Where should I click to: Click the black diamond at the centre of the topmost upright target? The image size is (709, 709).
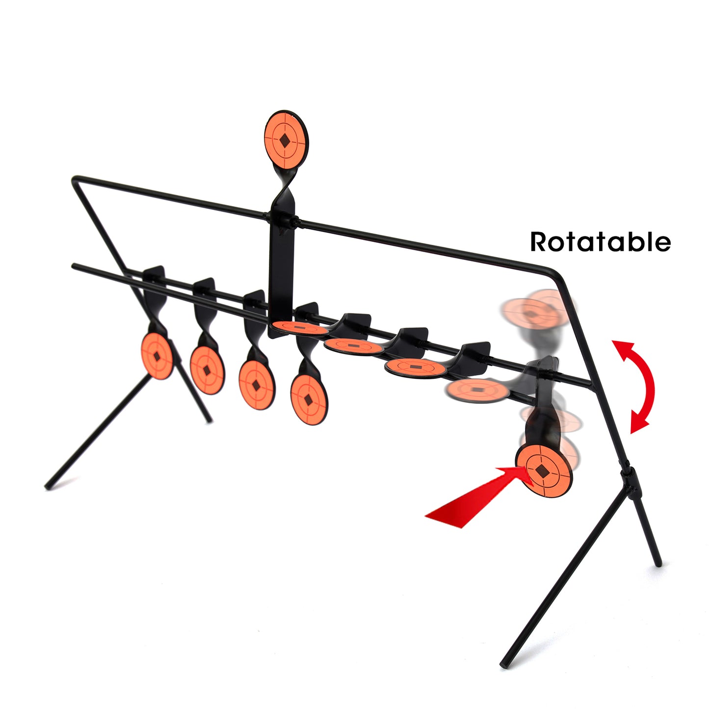pos(285,140)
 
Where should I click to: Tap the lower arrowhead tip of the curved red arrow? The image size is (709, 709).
pos(631,433)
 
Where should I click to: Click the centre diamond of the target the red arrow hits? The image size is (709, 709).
pos(541,470)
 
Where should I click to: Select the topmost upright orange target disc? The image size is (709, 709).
pos(286,140)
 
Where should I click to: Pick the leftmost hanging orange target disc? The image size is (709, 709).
pos(157,356)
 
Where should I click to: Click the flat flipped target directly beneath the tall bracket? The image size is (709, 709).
pos(301,327)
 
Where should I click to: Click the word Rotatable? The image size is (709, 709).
pos(601,241)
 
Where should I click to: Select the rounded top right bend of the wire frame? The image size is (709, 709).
pos(555,274)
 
